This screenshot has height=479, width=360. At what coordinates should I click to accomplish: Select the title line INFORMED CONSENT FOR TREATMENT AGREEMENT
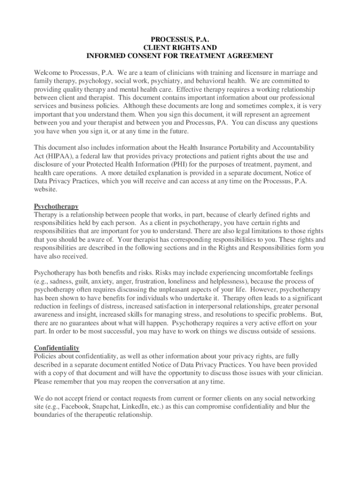pyautogui.click(x=180, y=56)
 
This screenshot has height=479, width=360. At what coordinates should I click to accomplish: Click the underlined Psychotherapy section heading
pyautogui.click(x=56, y=206)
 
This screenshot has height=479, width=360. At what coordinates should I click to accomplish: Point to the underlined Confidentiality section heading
pyautogui.click(x=57, y=348)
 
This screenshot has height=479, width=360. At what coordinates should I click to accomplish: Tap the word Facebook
pyautogui.click(x=74, y=406)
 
